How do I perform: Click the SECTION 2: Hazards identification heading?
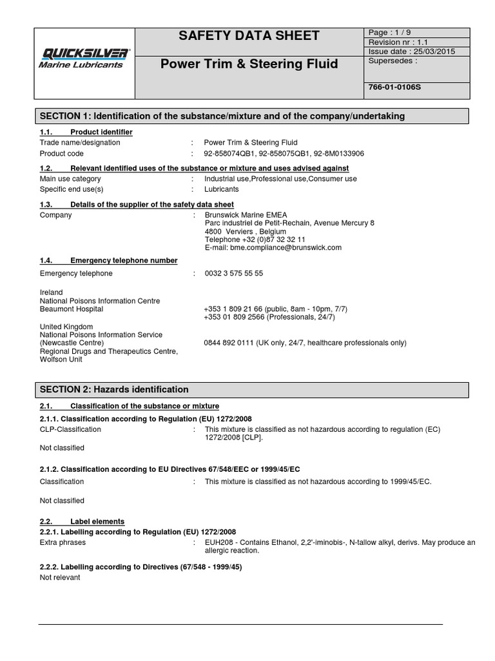click(115, 390)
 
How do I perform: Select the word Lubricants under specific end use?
click(222, 189)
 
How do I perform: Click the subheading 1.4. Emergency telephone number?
click(108, 261)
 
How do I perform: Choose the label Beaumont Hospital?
click(72, 310)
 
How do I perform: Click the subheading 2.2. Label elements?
click(82, 522)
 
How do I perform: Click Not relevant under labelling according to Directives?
click(60, 578)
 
